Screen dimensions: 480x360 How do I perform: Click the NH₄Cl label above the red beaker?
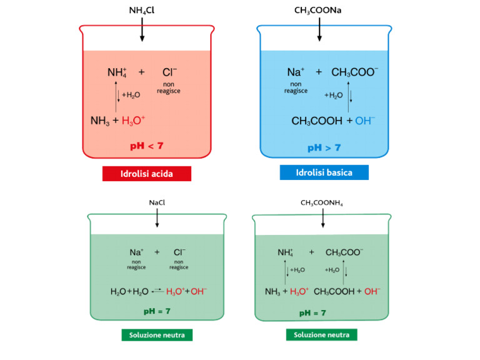141,11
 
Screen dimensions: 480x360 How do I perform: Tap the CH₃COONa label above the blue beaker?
317,11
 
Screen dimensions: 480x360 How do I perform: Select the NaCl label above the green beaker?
157,202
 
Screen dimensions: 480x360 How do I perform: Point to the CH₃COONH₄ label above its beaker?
322,203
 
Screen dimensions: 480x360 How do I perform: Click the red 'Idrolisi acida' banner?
147,174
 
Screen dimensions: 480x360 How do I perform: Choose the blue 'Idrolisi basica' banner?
324,172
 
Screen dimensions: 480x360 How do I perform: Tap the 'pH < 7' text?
147,146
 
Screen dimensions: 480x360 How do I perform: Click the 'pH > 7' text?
324,148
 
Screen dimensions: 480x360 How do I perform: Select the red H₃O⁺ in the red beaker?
133,121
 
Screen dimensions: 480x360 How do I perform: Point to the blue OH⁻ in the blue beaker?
365,121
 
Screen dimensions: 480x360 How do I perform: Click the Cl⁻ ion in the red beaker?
169,72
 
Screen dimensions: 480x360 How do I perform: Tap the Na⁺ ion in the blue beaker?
296,72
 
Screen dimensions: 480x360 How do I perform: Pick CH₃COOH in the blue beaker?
317,121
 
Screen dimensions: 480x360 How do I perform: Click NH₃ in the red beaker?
100,121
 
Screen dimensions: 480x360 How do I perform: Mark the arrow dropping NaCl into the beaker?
157,217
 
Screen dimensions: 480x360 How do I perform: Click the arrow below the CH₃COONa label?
319,29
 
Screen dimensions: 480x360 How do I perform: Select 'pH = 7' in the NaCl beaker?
157,311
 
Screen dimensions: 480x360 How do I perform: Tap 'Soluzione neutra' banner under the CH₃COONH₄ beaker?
322,334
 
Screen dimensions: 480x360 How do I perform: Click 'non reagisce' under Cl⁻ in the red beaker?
169,87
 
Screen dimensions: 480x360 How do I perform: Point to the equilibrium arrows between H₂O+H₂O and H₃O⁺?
158,291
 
